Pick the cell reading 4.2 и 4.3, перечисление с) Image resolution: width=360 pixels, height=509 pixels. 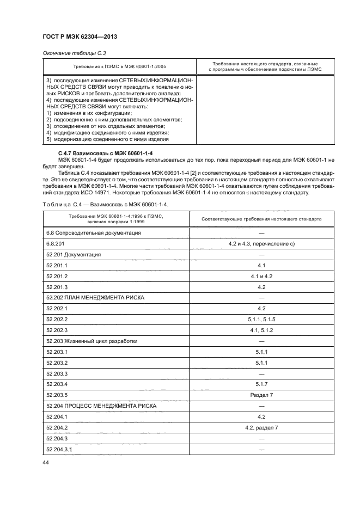click(261, 243)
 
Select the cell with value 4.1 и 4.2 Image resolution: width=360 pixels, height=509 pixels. click(261, 276)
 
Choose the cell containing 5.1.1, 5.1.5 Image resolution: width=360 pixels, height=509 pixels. click(261, 320)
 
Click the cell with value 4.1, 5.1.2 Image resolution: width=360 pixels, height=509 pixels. click(261, 330)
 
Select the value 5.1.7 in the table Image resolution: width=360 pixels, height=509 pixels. click(261, 384)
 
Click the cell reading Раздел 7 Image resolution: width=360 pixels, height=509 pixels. click(261, 395)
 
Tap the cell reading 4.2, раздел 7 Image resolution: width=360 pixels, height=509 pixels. click(261, 428)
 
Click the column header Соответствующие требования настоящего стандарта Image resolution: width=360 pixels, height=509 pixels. click(261, 219)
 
